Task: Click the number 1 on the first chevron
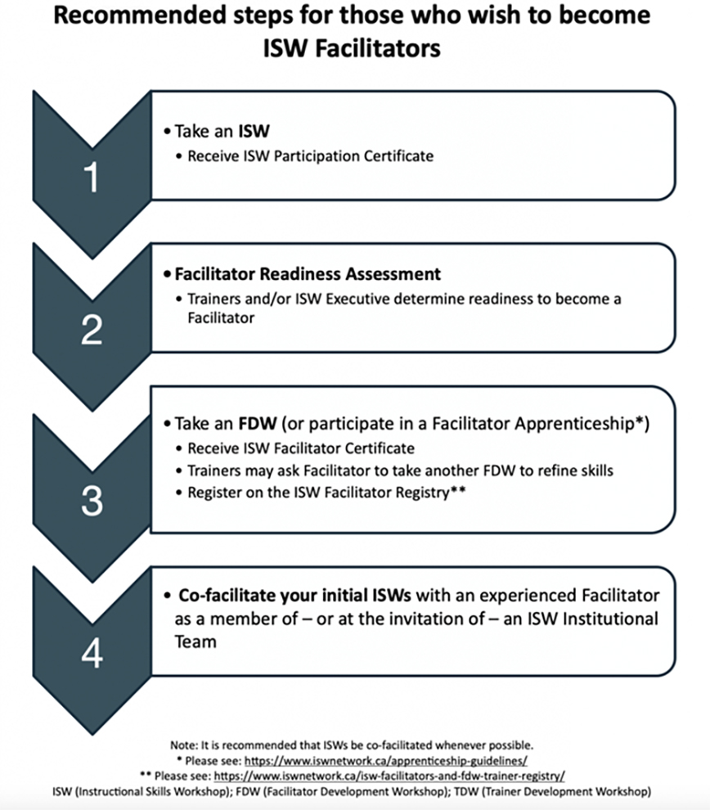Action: [92, 178]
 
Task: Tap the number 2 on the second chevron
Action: [92, 330]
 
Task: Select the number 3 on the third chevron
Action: [92, 500]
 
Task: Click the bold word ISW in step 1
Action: [254, 131]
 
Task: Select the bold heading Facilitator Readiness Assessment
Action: [308, 274]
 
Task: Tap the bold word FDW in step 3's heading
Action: [258, 424]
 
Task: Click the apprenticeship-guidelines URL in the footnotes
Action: [386, 761]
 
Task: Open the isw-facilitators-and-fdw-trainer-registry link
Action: [389, 776]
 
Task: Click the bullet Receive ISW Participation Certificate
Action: [310, 156]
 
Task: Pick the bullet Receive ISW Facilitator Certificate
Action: [301, 448]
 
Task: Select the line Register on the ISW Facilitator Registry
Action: [326, 493]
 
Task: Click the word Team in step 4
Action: [195, 641]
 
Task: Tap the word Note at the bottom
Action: [183, 745]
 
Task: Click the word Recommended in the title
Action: [139, 15]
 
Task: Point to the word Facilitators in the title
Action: [378, 48]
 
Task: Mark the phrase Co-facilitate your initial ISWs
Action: [294, 596]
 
